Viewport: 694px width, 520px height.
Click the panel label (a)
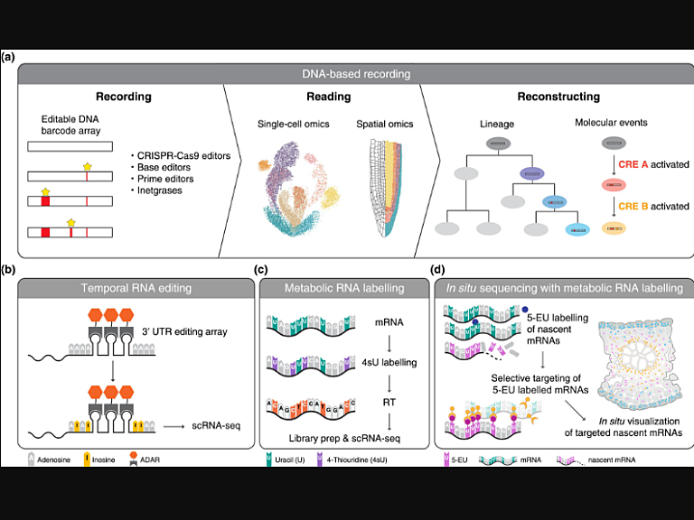(8, 56)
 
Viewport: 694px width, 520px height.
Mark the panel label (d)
(439, 268)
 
